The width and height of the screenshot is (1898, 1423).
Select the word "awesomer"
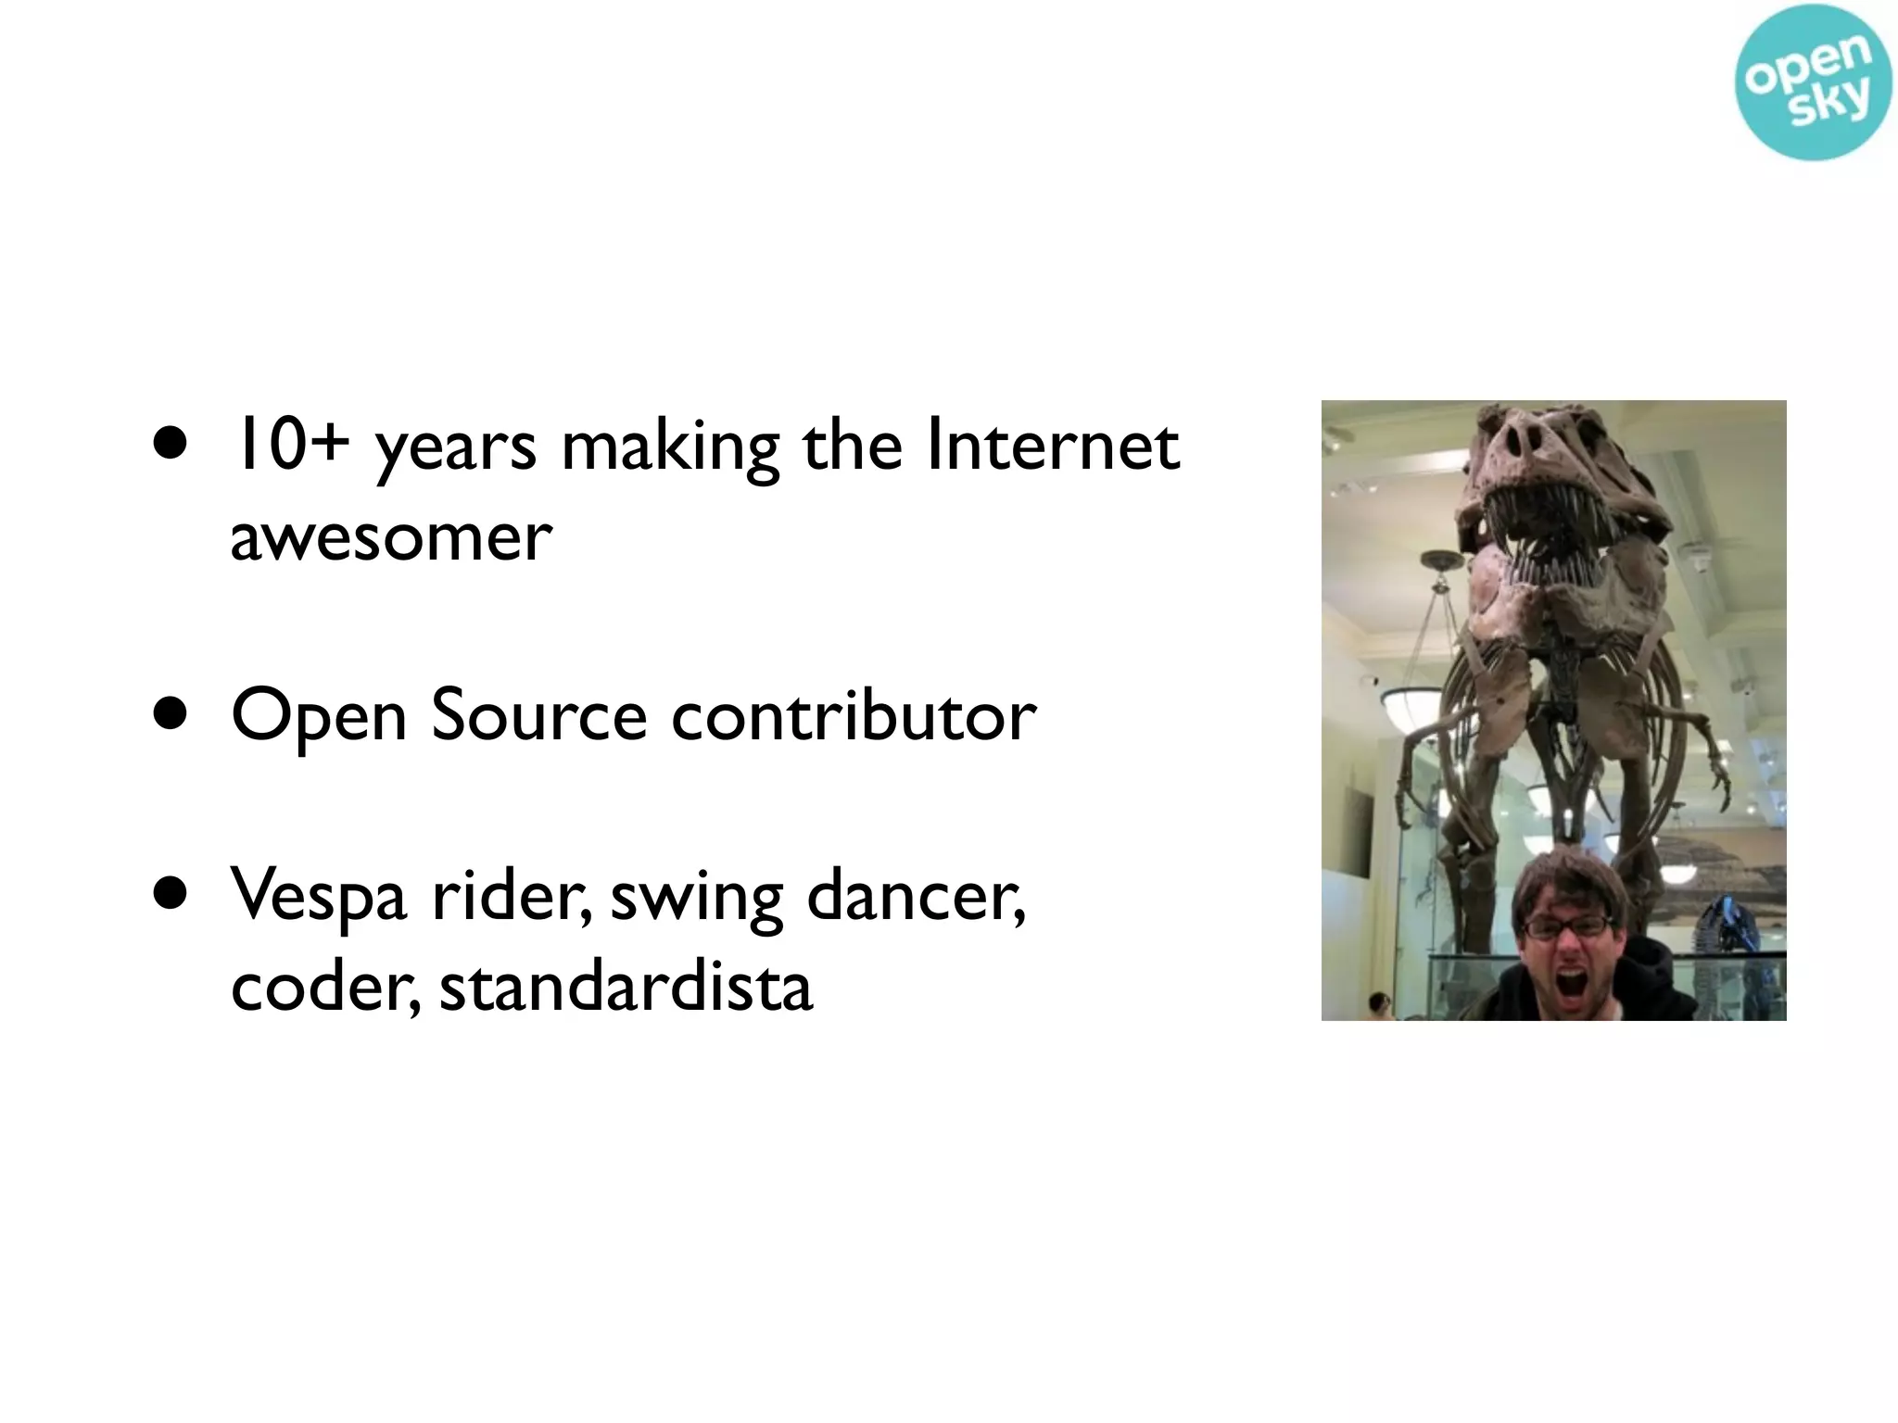click(x=390, y=538)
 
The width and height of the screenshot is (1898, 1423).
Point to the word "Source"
click(x=538, y=716)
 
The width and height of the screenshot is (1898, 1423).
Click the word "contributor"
click(x=853, y=716)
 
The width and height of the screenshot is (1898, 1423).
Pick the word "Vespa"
click(x=319, y=896)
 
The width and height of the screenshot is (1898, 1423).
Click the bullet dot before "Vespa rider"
click(x=171, y=897)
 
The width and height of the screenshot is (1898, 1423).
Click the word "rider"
click(x=510, y=896)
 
